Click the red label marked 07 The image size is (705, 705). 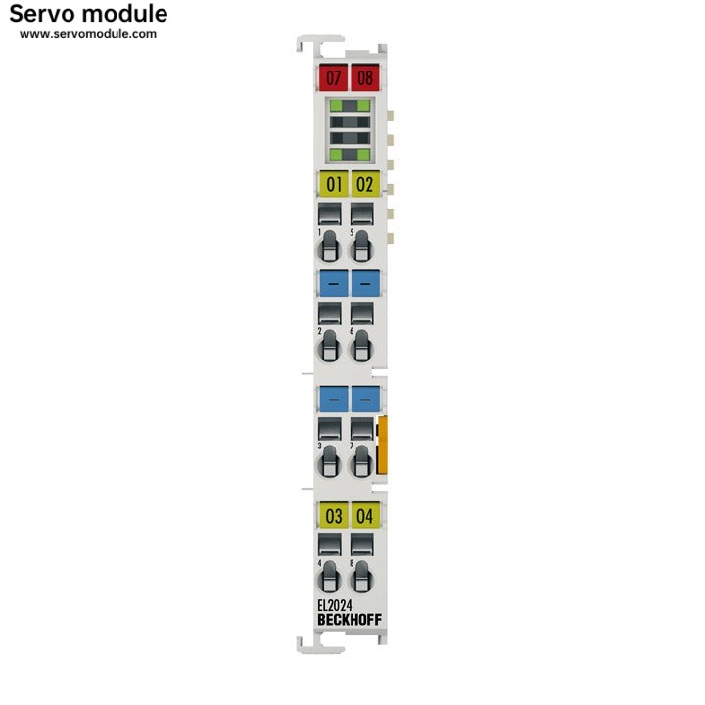(x=333, y=77)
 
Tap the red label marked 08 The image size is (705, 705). (x=365, y=77)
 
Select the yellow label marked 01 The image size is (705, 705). (x=333, y=184)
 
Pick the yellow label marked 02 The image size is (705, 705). (x=365, y=184)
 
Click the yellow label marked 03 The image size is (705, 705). (x=333, y=515)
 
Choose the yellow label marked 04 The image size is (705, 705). (x=365, y=515)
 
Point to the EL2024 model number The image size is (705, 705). (x=335, y=605)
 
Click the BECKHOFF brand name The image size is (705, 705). (x=350, y=620)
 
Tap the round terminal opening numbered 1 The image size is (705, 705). (x=330, y=247)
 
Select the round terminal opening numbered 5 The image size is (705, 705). (x=362, y=247)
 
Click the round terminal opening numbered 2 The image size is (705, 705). (x=330, y=347)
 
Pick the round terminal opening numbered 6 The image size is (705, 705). (x=362, y=347)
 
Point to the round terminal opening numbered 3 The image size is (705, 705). (x=330, y=462)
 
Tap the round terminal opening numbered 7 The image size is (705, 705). (x=362, y=462)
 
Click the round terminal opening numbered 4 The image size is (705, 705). (x=330, y=578)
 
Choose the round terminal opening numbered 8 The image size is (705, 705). (x=362, y=578)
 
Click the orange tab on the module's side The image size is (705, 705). (x=382, y=446)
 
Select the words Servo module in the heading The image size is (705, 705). (x=88, y=14)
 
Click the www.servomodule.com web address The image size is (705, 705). (x=88, y=34)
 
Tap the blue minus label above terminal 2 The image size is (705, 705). (x=333, y=283)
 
